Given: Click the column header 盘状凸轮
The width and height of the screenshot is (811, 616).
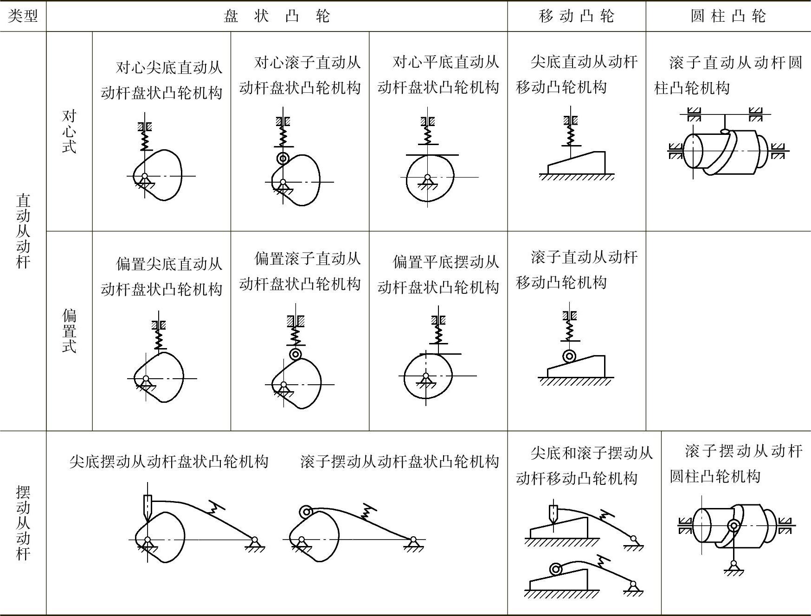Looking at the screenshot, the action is coord(277,16).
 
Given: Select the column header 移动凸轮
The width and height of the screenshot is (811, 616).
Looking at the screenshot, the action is coord(576,16).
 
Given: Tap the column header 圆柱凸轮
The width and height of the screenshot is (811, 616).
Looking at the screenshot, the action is coord(728,16).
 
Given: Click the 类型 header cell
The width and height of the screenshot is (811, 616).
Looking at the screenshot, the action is coord(23,16).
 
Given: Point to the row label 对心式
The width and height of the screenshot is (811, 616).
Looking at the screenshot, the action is coord(69,132).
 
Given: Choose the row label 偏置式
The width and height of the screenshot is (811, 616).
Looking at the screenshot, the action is coord(69,330).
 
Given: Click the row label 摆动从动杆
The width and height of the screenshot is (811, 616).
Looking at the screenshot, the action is coord(23,522).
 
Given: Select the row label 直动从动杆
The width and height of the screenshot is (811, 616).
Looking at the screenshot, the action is coord(23,231).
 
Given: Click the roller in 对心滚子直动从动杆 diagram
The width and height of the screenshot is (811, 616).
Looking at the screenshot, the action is coord(283,159).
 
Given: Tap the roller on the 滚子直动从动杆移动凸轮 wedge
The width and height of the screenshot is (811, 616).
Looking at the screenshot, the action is coord(569,356).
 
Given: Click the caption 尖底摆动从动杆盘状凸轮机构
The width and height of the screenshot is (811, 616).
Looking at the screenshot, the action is coord(169,461).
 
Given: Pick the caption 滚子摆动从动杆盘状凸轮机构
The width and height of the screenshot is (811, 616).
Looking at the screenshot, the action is coord(399,461).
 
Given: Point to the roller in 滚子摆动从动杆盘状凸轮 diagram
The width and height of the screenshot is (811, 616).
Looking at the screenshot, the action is coord(305,512).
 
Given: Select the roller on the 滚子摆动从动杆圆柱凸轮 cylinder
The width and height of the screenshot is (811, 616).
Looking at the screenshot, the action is coord(734,526).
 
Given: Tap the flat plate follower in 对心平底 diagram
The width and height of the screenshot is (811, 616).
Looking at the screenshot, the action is coord(432,155).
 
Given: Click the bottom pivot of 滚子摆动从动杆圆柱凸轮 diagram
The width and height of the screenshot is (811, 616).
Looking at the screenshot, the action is coord(734,564).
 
